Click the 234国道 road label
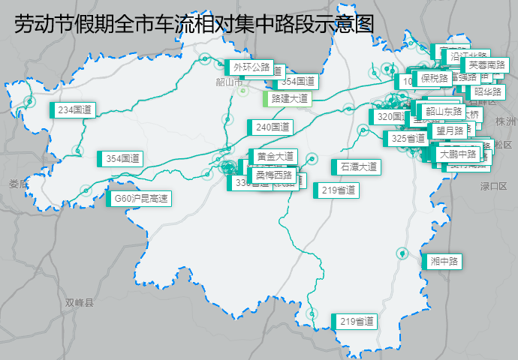click(74, 110)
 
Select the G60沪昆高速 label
click(140, 199)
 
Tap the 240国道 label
click(271, 127)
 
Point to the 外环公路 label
click(251, 67)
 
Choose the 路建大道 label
click(289, 98)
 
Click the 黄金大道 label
click(275, 157)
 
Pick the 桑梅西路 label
click(275, 174)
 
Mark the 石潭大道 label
click(358, 166)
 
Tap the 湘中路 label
click(444, 262)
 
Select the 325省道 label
click(408, 139)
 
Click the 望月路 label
click(450, 131)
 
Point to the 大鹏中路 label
click(458, 154)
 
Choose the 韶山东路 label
click(444, 111)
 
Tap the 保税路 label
click(434, 77)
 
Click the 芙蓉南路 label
click(486, 65)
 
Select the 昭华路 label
click(487, 92)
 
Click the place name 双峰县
click(79, 303)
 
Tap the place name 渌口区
click(494, 186)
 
